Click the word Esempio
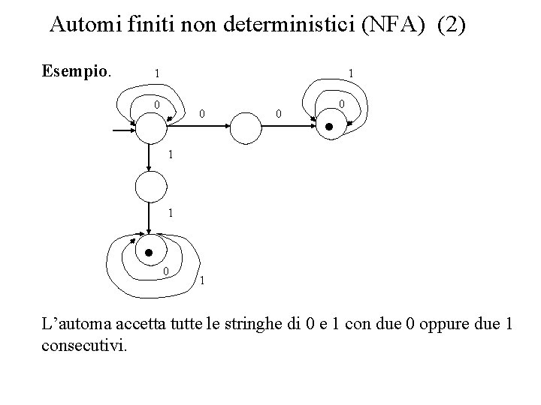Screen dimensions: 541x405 click(77, 73)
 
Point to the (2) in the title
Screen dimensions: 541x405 click(450, 25)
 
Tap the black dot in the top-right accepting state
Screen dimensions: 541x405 click(328, 128)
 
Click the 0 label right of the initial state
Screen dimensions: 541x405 click(201, 114)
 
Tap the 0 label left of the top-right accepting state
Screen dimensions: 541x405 click(278, 114)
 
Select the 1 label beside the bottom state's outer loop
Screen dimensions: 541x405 click(202, 281)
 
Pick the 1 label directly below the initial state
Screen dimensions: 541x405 click(171, 155)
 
